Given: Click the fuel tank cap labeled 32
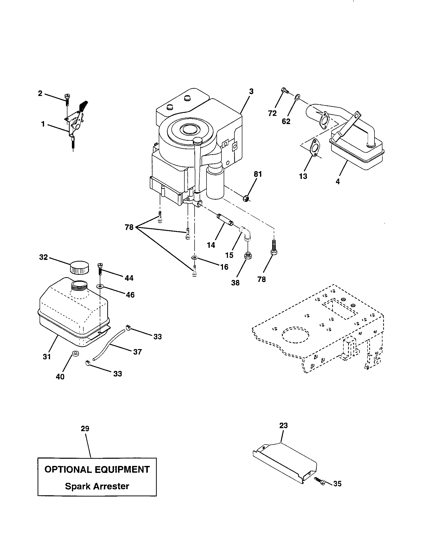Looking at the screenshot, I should coord(79,268).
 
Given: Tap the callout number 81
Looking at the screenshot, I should coord(258,174).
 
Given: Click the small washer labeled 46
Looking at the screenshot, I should coord(101,286).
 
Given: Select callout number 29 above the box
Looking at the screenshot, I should coord(85,429).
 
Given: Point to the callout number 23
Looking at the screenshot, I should coord(283,425).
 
